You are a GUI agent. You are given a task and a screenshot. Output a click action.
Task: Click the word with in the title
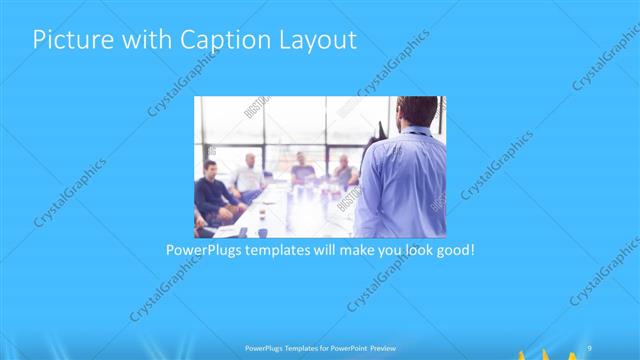click(x=139, y=41)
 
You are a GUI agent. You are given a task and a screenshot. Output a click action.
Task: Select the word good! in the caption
click(x=452, y=249)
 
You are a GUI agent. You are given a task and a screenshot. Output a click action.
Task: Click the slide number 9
click(x=591, y=345)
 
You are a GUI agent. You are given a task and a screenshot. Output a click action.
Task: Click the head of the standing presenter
click(x=416, y=113)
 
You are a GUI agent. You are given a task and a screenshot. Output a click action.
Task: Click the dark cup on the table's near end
click(x=263, y=231)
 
